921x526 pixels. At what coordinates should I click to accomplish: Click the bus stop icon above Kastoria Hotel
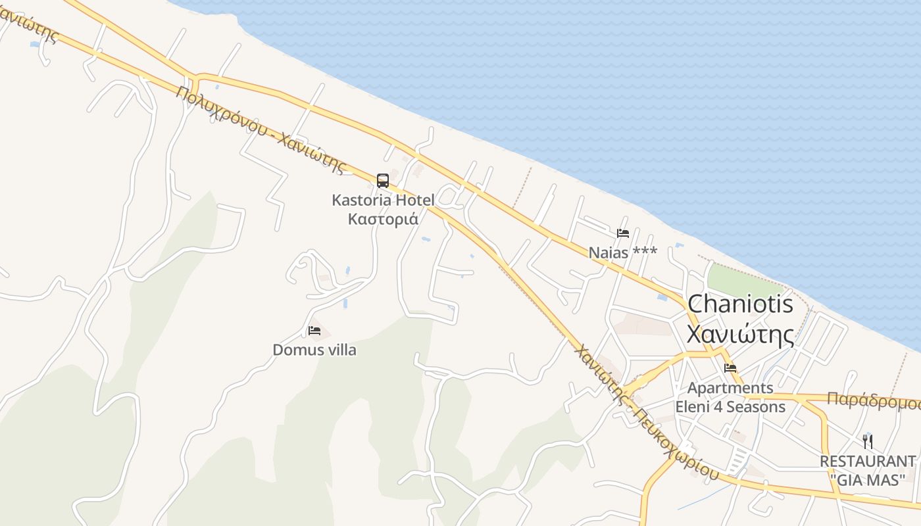pos(382,180)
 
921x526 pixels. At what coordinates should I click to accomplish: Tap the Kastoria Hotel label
pos(383,200)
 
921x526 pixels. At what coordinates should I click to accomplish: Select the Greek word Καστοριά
pos(383,219)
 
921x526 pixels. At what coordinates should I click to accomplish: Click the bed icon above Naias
pos(622,233)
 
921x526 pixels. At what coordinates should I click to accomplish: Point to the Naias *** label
pos(622,252)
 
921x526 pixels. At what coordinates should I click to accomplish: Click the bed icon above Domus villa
pos(314,330)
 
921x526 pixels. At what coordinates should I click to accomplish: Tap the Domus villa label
pos(314,350)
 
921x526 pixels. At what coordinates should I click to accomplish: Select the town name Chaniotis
pos(740,304)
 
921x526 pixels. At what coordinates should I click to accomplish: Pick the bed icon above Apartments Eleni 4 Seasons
pos(730,368)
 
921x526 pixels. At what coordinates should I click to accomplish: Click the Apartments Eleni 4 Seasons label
pos(730,397)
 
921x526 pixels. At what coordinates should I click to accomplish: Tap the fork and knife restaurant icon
pos(868,441)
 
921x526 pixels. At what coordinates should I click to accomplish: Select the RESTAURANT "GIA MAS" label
pos(867,470)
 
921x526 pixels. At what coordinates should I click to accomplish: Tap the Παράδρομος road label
pos(874,401)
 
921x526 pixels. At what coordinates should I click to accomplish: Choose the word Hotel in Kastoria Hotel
pos(414,200)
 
